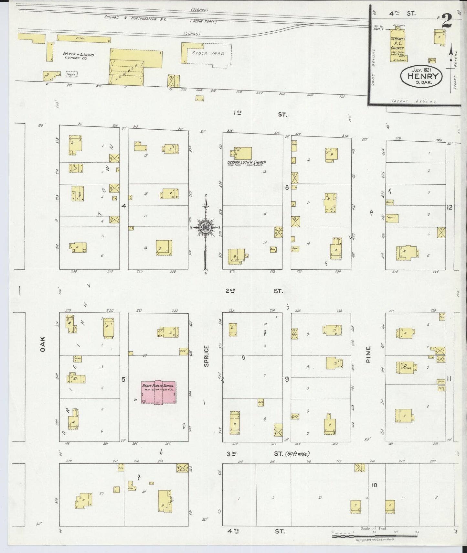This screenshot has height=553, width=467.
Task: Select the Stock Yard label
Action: [208, 53]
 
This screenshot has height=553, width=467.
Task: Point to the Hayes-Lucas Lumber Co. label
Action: [78, 56]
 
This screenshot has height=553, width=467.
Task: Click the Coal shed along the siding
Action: [84, 39]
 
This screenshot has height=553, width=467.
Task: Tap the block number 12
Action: [449, 208]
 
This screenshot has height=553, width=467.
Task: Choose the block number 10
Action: [374, 485]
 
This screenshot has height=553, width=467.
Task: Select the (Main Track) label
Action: [203, 22]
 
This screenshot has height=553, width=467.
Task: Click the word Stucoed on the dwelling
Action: [406, 368]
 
